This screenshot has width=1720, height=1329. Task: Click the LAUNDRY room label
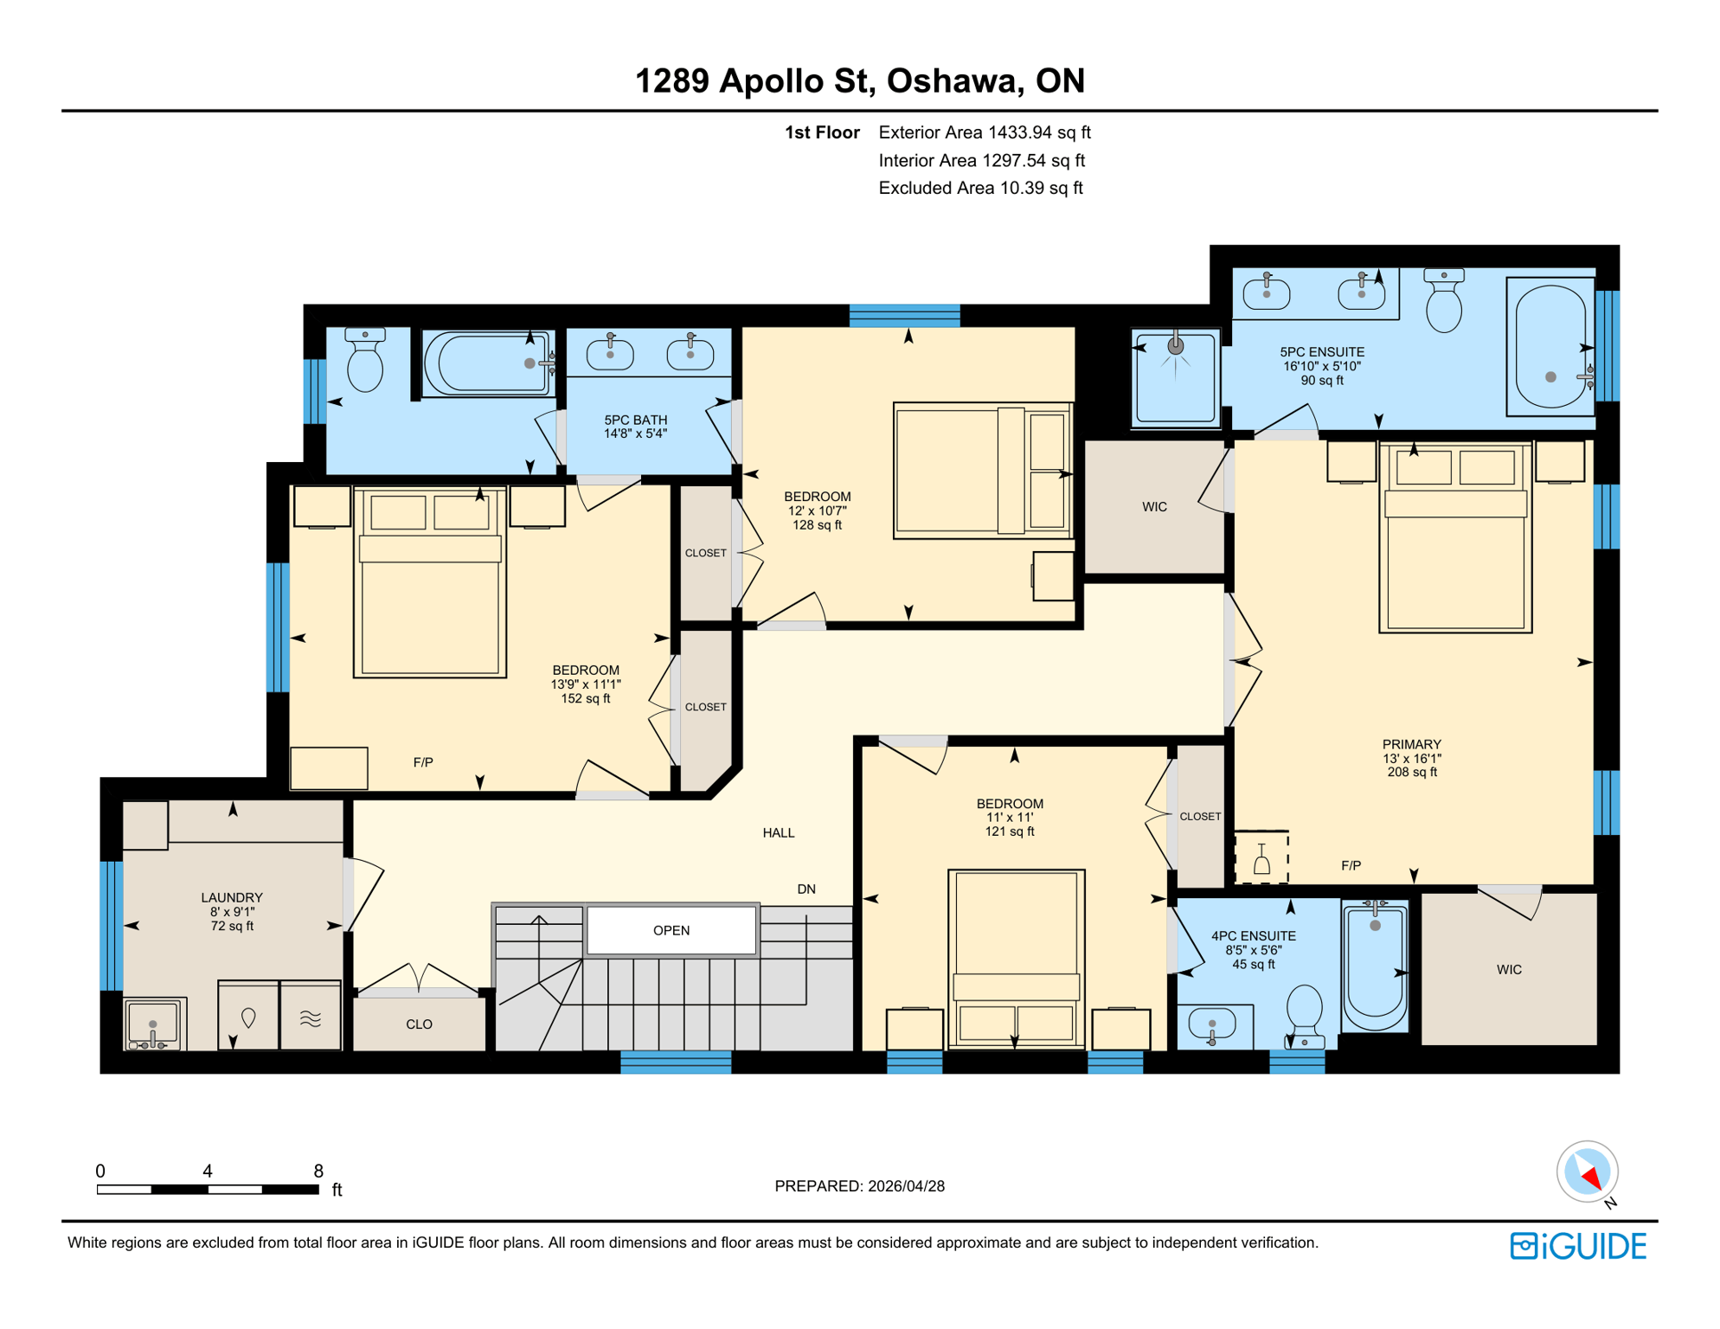tap(231, 911)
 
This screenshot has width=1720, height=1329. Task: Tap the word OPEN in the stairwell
tap(671, 930)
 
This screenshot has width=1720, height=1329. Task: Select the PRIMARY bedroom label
tap(1411, 757)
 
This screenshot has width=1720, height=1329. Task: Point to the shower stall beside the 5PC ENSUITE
tap(1175, 378)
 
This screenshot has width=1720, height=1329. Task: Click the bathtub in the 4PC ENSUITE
tap(1374, 965)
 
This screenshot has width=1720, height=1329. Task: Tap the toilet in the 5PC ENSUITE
tap(1443, 302)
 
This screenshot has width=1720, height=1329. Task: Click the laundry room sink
tap(153, 1024)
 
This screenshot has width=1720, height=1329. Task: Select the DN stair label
tap(805, 889)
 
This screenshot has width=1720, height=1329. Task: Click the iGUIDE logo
tap(1577, 1246)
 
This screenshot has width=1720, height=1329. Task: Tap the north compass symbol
tap(1587, 1172)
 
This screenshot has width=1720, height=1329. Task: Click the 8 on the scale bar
tap(318, 1171)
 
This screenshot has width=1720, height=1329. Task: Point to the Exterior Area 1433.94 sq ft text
tap(984, 132)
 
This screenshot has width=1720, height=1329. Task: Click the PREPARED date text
tap(859, 1185)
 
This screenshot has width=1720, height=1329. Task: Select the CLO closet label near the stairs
tap(419, 1024)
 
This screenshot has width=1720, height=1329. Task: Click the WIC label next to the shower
tap(1154, 507)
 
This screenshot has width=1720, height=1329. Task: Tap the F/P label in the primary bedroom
tap(1351, 865)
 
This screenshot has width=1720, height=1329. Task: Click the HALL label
tap(778, 832)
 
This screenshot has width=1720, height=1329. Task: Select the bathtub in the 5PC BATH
tap(487, 363)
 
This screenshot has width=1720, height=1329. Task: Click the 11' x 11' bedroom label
tap(1009, 817)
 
